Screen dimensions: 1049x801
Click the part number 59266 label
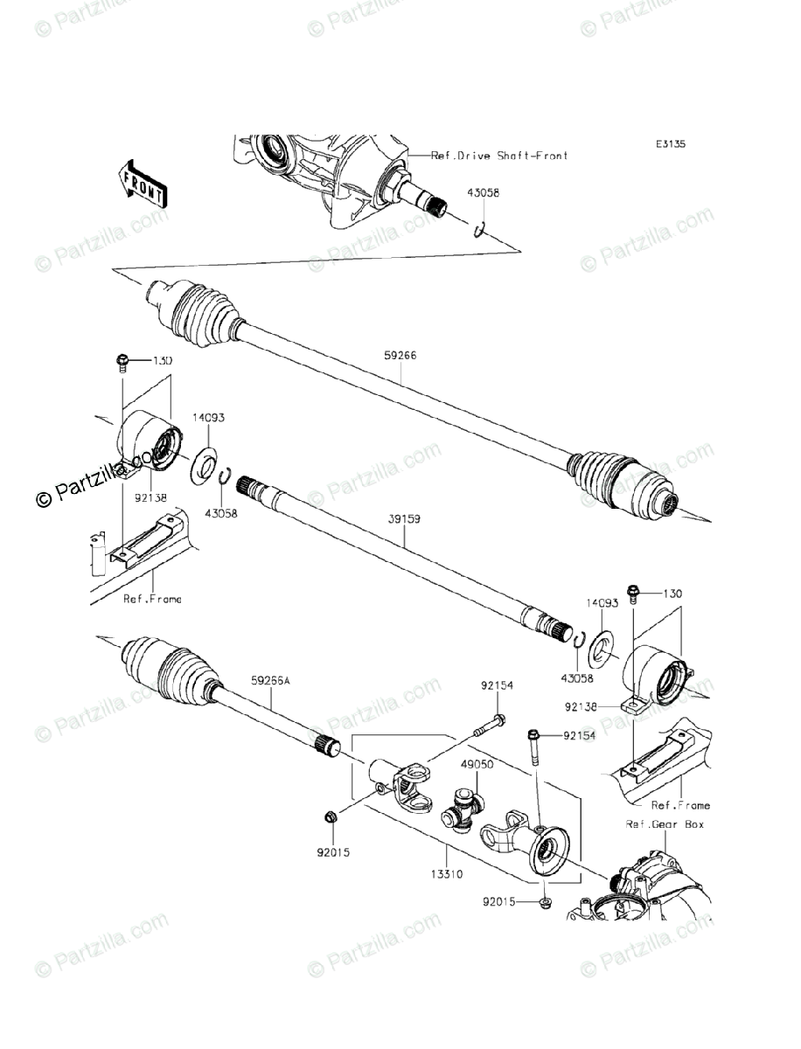(x=400, y=357)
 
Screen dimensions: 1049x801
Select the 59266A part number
(x=272, y=677)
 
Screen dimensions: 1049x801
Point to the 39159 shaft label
(x=405, y=519)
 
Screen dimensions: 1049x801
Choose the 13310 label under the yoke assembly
(x=446, y=873)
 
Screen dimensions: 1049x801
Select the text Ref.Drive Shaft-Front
(x=499, y=156)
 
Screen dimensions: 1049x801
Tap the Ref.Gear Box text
(x=665, y=823)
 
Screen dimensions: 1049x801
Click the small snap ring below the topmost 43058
(x=478, y=230)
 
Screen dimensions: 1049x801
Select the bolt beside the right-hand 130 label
(x=633, y=595)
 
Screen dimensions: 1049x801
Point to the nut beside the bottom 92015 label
(x=544, y=900)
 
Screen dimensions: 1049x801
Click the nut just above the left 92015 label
(x=331, y=817)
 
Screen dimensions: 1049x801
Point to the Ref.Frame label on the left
(x=153, y=599)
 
